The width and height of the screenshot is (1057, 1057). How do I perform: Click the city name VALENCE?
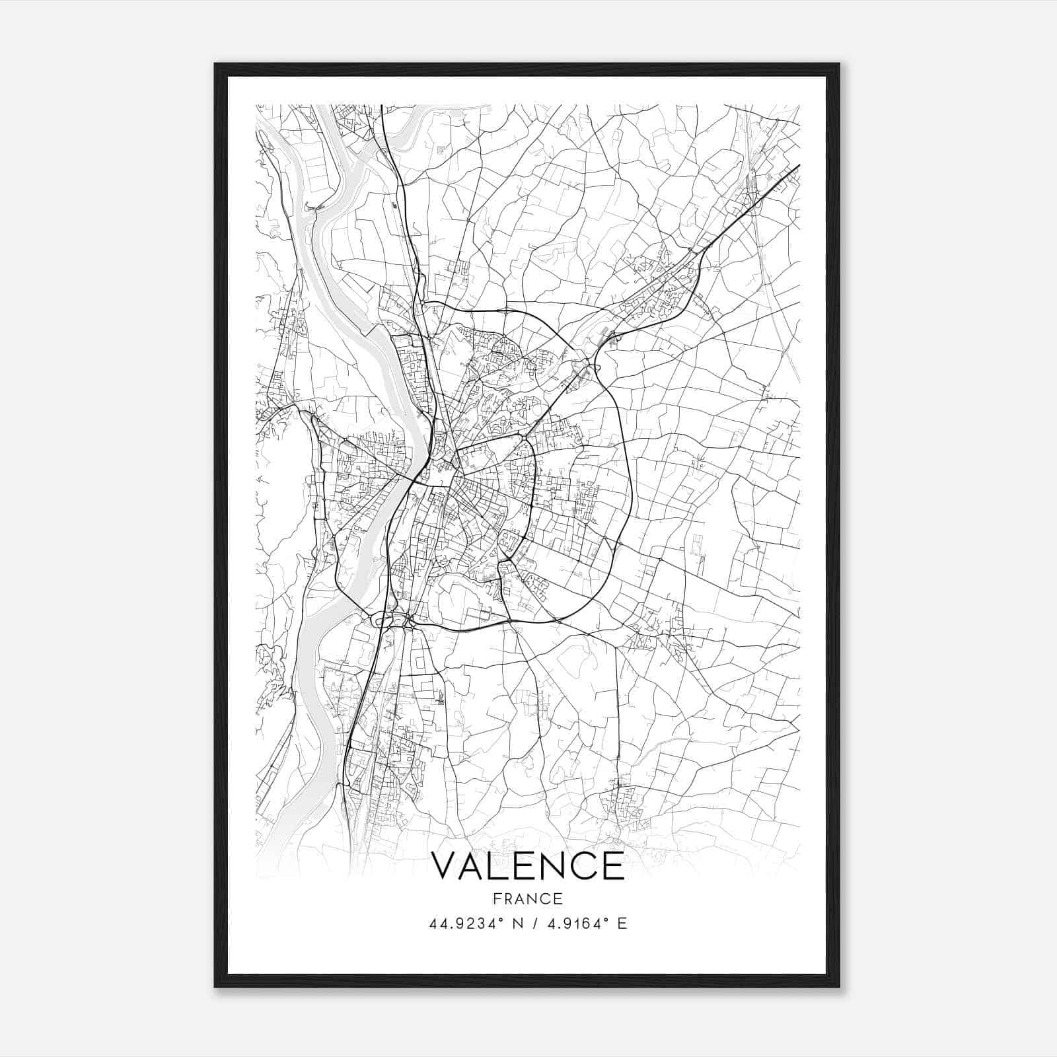[527, 865]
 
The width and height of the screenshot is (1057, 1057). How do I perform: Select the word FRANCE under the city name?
[528, 898]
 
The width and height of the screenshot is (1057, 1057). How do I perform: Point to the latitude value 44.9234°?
[466, 924]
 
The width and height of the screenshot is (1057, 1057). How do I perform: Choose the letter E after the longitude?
[621, 924]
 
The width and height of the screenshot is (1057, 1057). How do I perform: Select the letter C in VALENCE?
[583, 865]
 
